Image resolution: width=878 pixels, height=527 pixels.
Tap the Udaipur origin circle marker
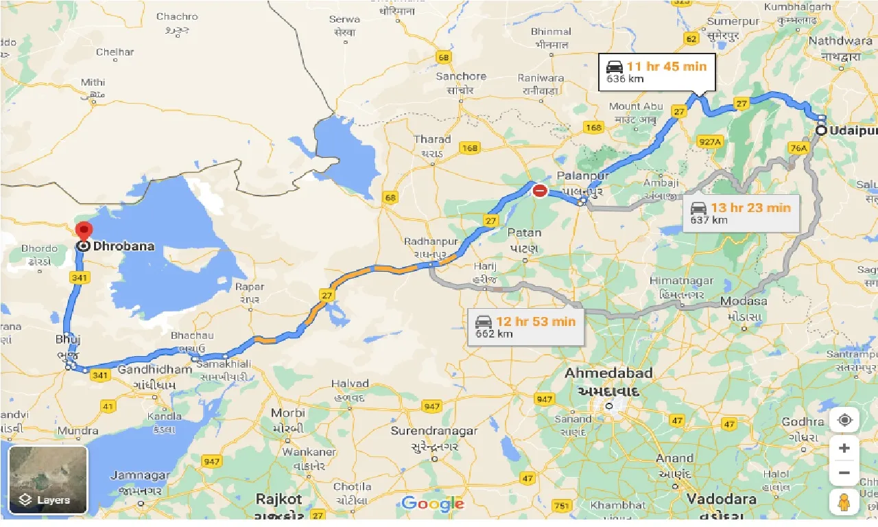pos(821,130)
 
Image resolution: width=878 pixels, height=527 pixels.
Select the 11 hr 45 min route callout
pos(656,72)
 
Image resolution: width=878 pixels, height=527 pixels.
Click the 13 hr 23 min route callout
pos(741,213)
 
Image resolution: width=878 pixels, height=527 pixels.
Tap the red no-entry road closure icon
pos(541,191)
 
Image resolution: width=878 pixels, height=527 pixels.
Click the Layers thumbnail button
pos(48,480)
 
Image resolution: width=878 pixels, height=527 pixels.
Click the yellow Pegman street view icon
pos(844,502)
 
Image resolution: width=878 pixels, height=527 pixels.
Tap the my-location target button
pos(844,420)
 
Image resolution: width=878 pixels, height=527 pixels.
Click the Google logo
pos(433,504)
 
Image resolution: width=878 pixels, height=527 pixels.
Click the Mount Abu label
pos(635,106)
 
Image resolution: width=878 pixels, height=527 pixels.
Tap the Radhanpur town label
pos(431,242)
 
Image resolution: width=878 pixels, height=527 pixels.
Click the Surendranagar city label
pos(434,431)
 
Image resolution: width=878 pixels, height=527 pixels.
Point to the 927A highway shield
pos(710,142)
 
